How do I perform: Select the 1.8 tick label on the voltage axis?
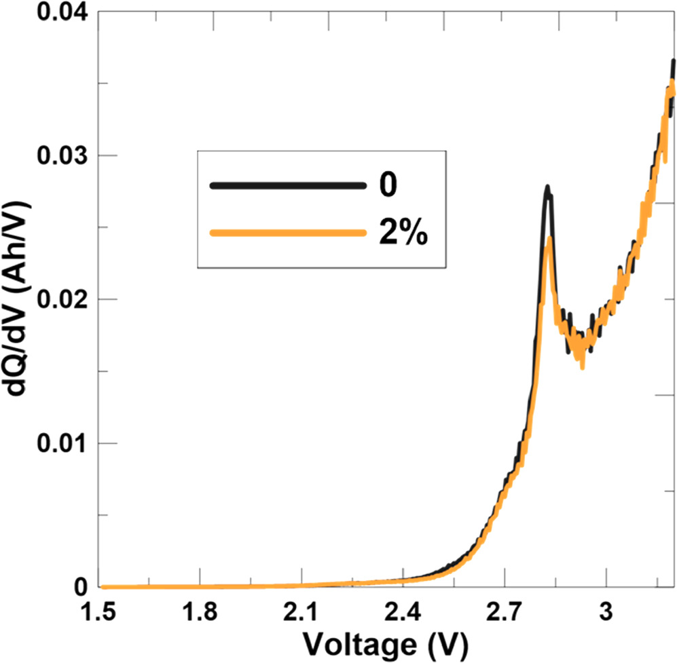tap(201, 613)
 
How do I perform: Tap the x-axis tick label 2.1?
tap(301, 613)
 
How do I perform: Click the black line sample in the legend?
tap(285, 185)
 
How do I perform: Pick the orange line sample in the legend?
tap(285, 233)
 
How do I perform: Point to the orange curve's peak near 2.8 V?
tap(549, 238)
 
